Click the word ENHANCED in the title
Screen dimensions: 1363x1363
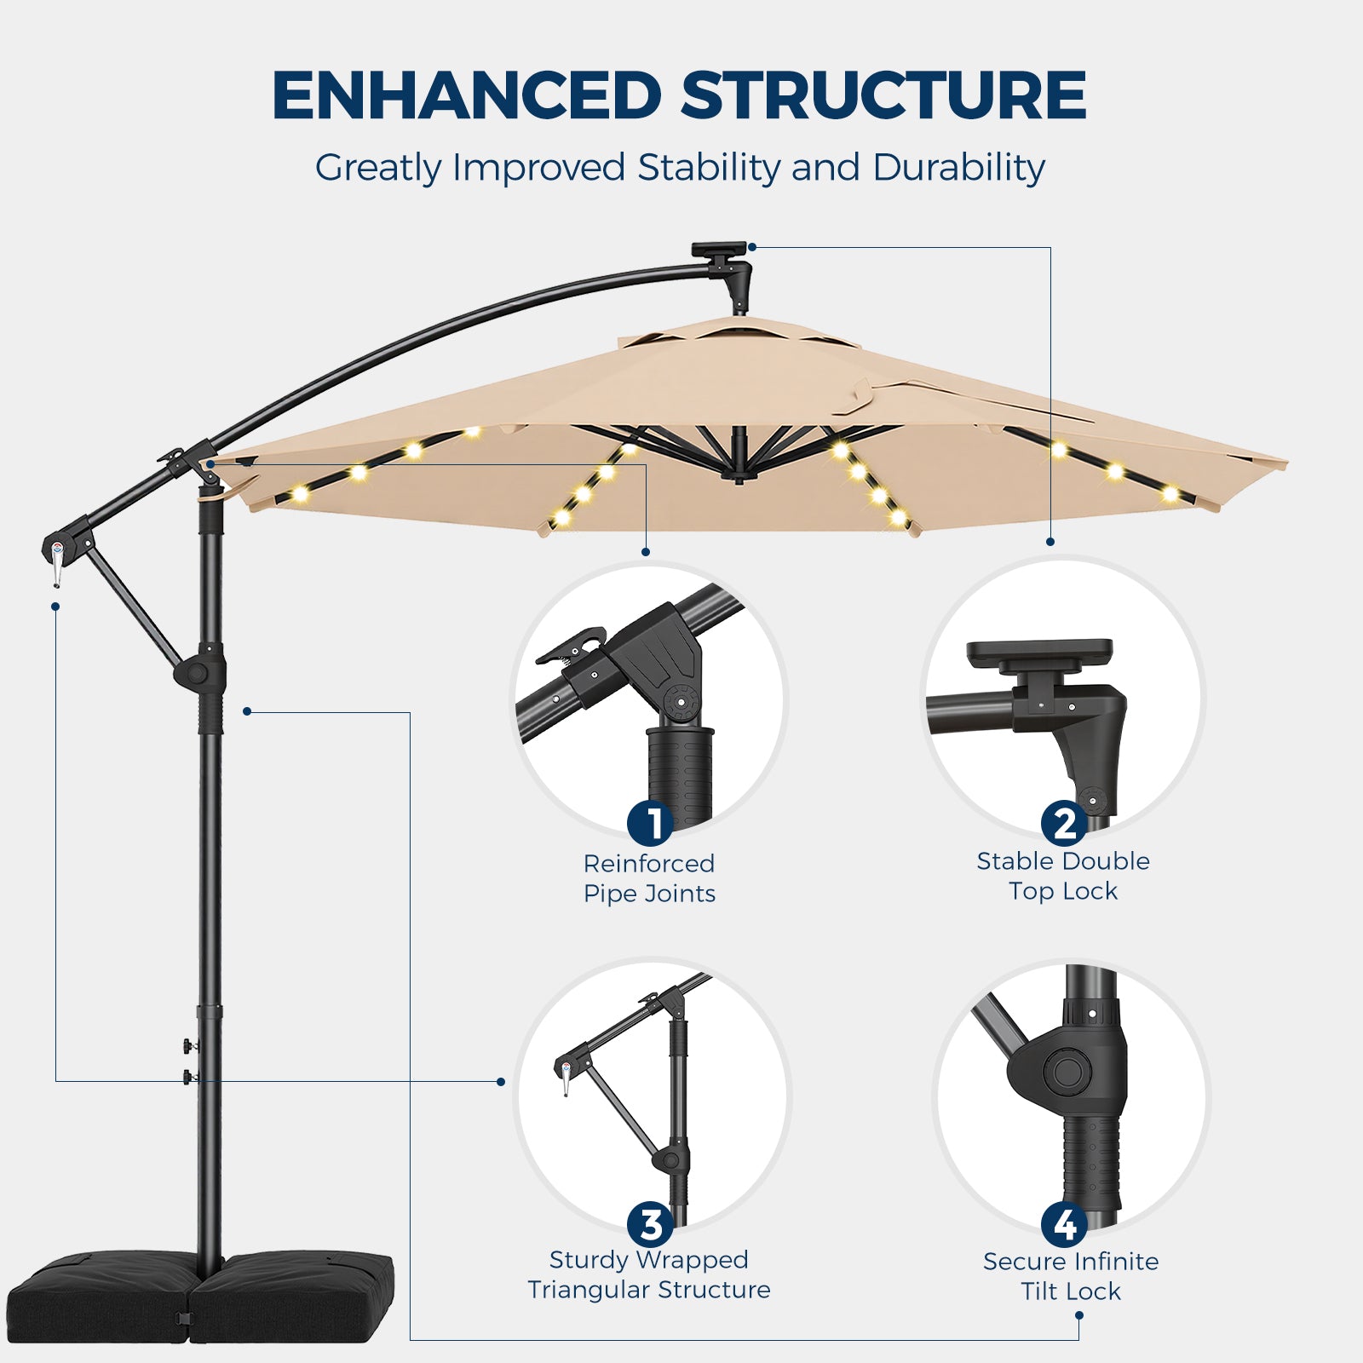467,95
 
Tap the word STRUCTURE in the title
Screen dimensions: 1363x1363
883,95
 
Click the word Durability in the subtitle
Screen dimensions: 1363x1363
958,168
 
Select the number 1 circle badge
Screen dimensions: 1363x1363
651,824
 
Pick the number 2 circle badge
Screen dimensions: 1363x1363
1064,823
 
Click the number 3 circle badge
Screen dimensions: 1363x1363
651,1225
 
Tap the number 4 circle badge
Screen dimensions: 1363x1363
1065,1225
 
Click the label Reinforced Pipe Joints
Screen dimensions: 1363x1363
649,878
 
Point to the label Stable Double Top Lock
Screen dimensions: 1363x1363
1063,876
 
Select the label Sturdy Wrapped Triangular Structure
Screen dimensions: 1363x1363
649,1274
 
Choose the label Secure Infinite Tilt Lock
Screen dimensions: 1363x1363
1071,1276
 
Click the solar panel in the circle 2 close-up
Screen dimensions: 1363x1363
1040,653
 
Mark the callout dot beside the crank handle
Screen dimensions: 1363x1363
55,607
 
